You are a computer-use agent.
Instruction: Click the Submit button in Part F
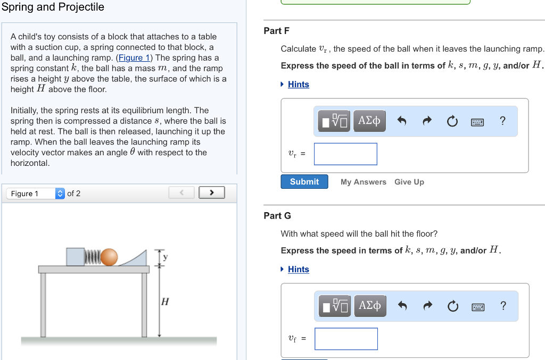coord(304,182)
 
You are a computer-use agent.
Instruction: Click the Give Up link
coord(409,182)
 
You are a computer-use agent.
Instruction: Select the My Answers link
coord(363,182)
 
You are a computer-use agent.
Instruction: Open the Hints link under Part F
coord(298,85)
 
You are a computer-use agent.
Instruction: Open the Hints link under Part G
coord(298,270)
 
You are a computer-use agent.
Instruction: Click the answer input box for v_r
coord(345,154)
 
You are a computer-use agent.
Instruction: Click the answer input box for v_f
coord(346,339)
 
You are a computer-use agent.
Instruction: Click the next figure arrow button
coord(211,193)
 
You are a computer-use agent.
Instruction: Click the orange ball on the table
coord(109,257)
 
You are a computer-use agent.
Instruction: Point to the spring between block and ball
coord(93,257)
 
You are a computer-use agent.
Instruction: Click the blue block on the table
coord(76,256)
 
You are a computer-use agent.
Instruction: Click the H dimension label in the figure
coord(165,302)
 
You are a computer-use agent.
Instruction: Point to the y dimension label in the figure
coord(165,257)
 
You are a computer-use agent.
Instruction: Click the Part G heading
coord(277,216)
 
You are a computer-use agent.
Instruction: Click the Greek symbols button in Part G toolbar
coord(369,306)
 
